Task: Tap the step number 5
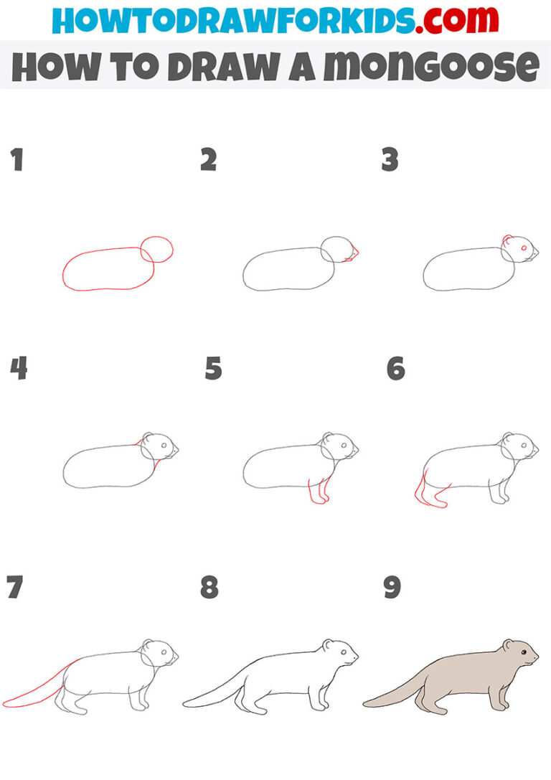click(x=213, y=369)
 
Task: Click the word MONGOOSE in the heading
click(x=430, y=67)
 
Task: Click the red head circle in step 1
click(x=156, y=250)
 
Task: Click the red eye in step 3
click(x=524, y=248)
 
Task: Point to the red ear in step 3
click(x=507, y=240)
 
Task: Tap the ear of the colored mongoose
click(x=507, y=644)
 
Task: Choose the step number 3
click(x=390, y=160)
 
